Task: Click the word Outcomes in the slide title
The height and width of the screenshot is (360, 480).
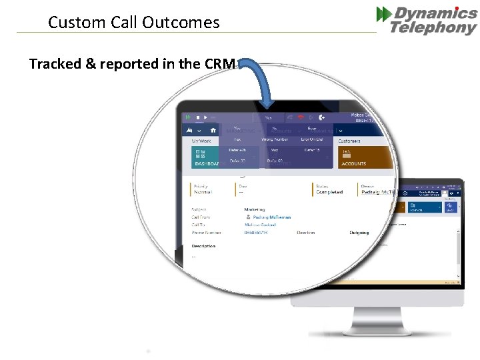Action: (188, 23)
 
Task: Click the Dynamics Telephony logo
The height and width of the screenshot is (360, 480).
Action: (427, 20)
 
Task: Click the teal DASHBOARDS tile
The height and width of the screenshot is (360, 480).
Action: (204, 158)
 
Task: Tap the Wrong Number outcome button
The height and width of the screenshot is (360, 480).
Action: (274, 139)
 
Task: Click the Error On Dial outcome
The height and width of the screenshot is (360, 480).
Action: (311, 139)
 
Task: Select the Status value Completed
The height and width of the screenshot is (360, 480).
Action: (330, 192)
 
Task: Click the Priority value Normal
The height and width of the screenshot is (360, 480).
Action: (203, 192)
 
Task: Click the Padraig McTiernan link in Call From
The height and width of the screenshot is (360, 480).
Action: (271, 217)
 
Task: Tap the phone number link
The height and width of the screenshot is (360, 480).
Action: (258, 233)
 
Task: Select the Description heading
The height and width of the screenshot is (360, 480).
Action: (203, 246)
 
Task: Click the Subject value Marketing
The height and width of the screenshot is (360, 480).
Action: (255, 209)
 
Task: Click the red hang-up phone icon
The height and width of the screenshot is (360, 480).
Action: (301, 117)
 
